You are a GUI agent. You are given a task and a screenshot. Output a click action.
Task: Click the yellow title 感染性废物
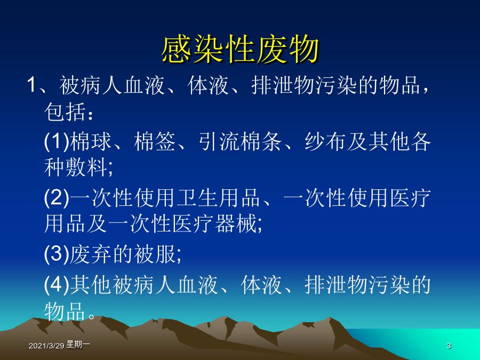(x=241, y=49)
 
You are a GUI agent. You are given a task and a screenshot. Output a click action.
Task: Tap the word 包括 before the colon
(x=65, y=112)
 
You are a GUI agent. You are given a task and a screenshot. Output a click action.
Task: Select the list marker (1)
(x=57, y=142)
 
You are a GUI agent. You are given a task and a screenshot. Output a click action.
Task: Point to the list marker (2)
(x=57, y=198)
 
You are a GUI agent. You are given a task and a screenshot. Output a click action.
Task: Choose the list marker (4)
(x=57, y=285)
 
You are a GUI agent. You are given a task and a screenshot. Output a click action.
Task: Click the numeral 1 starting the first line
(x=32, y=85)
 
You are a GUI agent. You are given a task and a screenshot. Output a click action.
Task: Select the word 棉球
(x=91, y=142)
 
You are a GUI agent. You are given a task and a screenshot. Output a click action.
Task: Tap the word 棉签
(x=155, y=142)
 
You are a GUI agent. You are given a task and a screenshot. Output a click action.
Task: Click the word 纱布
(x=325, y=142)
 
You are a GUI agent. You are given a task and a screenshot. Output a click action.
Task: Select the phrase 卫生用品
(x=219, y=198)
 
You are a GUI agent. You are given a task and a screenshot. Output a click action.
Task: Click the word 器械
(x=236, y=223)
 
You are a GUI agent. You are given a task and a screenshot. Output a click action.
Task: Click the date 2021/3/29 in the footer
(x=46, y=346)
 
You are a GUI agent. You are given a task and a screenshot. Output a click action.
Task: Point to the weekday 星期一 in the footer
(x=78, y=345)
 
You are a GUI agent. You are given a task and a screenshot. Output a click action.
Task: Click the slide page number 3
(x=449, y=346)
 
